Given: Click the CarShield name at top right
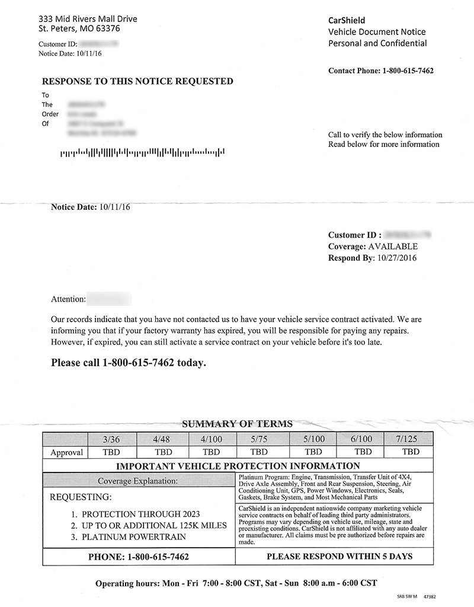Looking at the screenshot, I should [347, 20].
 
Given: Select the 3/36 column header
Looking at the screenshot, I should [111, 439].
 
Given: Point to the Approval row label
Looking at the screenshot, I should [65, 452].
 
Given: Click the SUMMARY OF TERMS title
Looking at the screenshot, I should [237, 424].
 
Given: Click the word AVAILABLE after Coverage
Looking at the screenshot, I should [393, 247].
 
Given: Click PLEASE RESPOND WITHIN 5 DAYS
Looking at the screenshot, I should [340, 557].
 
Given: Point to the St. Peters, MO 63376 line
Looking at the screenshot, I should [79, 28].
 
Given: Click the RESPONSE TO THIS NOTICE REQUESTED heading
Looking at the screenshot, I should [137, 81].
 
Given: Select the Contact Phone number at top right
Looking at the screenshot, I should [408, 71].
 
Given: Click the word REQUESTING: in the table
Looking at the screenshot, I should [80, 497].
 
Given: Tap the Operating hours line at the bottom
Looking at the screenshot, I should [236, 583].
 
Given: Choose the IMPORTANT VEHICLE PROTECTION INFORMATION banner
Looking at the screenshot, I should [237, 466].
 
